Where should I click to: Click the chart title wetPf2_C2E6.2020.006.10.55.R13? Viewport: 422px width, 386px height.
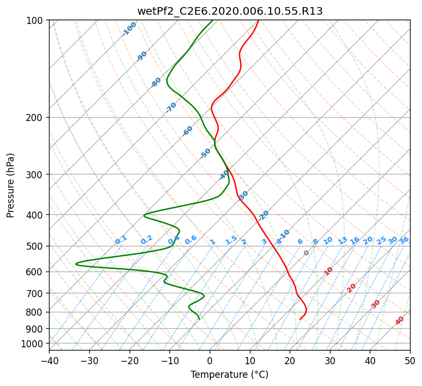(230, 11)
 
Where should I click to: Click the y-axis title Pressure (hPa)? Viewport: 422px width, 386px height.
(10, 185)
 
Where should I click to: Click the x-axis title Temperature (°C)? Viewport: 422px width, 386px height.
(230, 375)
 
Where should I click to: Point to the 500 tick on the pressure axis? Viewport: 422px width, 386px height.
(38, 246)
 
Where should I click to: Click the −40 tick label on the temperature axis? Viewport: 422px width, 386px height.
(49, 360)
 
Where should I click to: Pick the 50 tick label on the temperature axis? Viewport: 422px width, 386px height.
(410, 360)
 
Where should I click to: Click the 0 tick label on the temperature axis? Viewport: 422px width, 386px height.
(210, 360)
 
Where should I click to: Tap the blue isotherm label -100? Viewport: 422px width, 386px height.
(129, 29)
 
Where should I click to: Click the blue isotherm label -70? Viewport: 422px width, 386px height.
(171, 107)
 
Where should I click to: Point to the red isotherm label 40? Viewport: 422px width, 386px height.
(399, 321)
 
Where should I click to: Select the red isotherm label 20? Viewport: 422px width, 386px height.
(351, 288)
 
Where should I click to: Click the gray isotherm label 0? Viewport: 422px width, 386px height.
(306, 253)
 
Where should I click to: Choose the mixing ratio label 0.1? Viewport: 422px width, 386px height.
(121, 240)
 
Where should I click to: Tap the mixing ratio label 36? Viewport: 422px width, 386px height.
(404, 241)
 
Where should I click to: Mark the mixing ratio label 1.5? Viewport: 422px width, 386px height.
(231, 240)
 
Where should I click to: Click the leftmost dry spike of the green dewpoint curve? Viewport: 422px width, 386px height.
(76, 264)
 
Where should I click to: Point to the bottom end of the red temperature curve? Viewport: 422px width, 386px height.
(300, 319)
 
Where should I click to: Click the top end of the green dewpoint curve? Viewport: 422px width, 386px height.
(212, 20)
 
